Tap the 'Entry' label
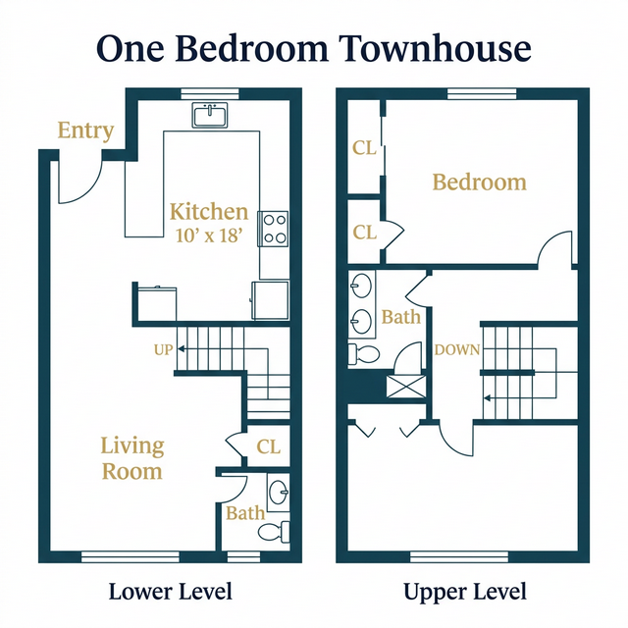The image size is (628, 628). [85, 131]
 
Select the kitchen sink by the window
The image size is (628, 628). [210, 116]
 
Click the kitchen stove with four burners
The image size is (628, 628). [274, 228]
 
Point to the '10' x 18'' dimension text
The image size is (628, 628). [209, 235]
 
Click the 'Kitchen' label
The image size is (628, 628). [209, 212]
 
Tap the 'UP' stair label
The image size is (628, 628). [163, 349]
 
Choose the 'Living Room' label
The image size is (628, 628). [132, 458]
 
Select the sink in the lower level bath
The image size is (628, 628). [279, 491]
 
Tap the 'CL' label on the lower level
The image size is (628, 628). [268, 446]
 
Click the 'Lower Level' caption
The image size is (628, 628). [171, 592]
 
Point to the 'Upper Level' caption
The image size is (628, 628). [465, 592]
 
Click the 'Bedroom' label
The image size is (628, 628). [479, 183]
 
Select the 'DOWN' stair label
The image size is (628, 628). [456, 349]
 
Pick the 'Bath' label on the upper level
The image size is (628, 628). [400, 317]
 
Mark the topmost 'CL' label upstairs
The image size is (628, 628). [364, 148]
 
